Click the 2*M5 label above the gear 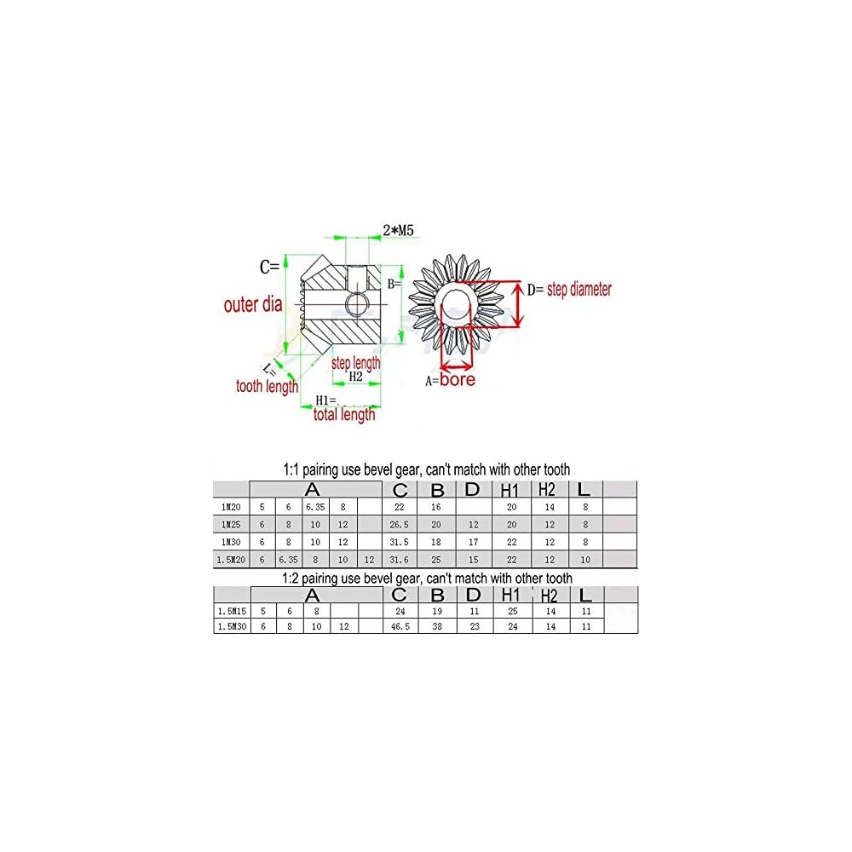(x=397, y=230)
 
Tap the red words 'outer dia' (x=252, y=304)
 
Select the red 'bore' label (x=458, y=379)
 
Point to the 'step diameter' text (x=579, y=290)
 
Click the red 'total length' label (x=344, y=415)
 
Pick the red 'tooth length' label (x=267, y=386)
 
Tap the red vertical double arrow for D (x=516, y=304)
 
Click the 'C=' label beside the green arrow (x=270, y=267)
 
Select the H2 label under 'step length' (x=356, y=376)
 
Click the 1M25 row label (x=231, y=525)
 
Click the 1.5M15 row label (x=231, y=611)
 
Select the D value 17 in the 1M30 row (x=474, y=543)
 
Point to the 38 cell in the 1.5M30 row (x=438, y=626)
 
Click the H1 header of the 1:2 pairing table (x=510, y=595)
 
